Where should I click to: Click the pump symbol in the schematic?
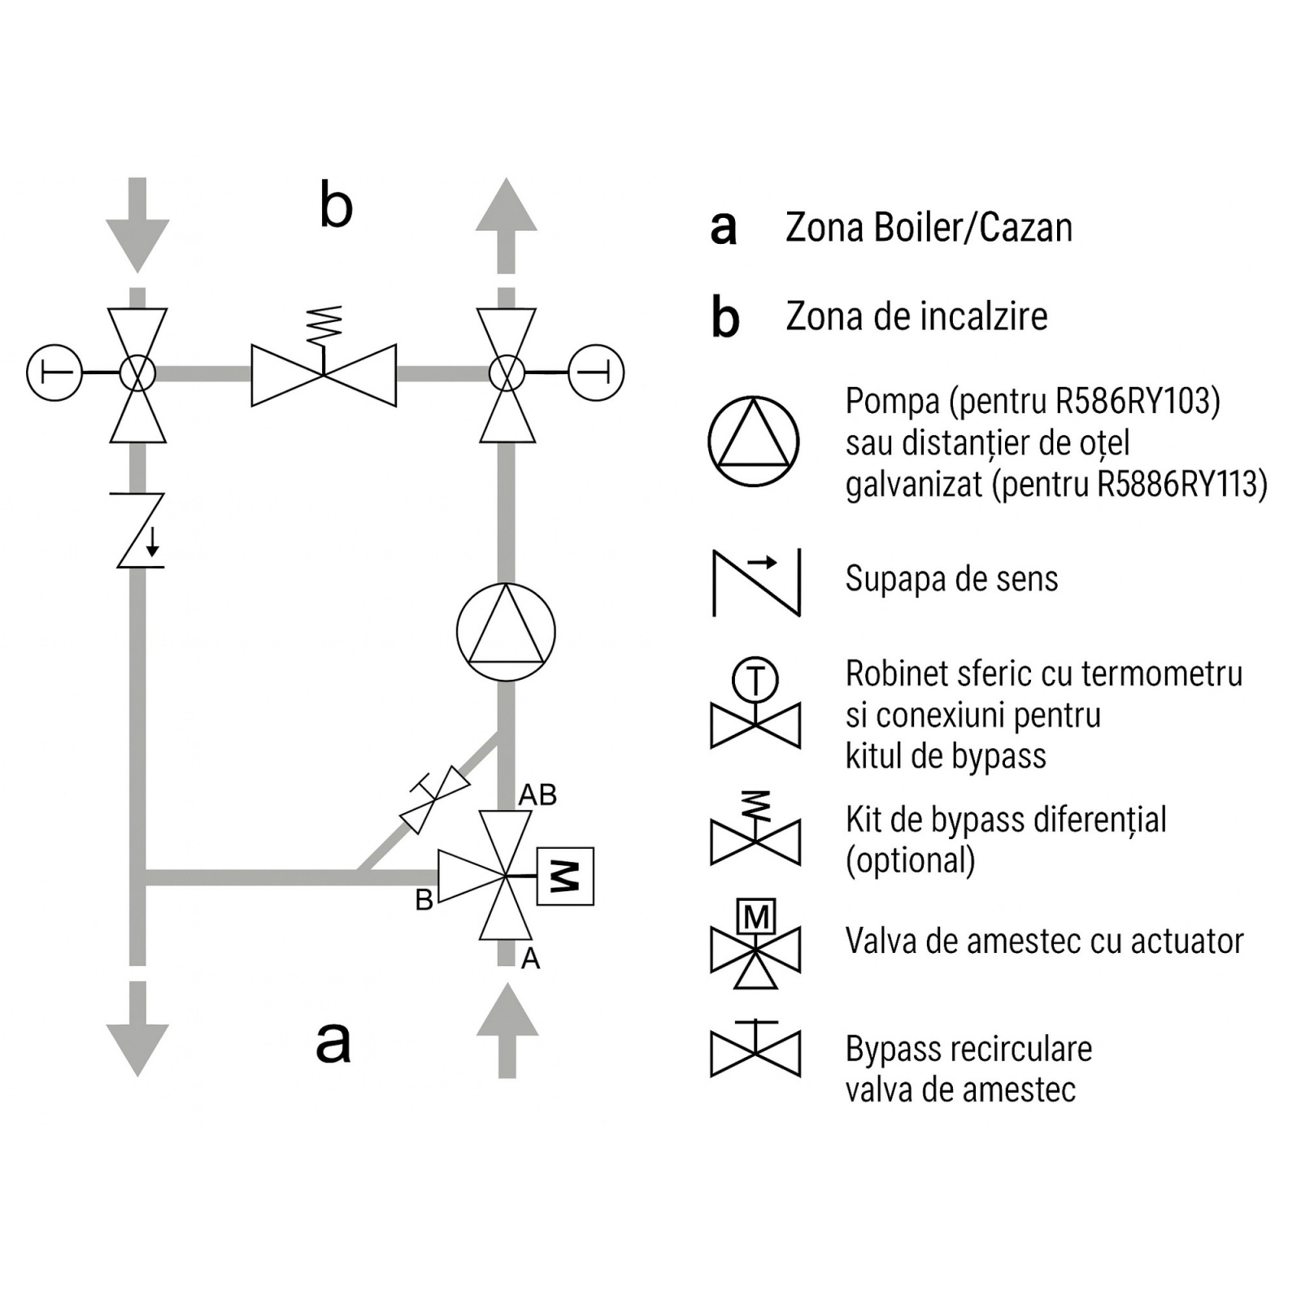(x=506, y=632)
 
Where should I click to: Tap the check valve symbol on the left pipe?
(x=139, y=529)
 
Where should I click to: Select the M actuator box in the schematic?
(x=565, y=877)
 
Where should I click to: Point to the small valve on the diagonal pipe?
(x=435, y=799)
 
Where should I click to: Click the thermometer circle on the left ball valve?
(x=54, y=373)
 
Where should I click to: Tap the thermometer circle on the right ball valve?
(x=596, y=373)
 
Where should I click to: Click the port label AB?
(x=537, y=794)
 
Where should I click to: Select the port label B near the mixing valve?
(x=424, y=900)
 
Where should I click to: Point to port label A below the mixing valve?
(x=530, y=959)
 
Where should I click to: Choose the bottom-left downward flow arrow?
(x=137, y=1029)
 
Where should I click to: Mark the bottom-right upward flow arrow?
(x=507, y=1030)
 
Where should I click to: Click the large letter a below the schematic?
(x=333, y=1042)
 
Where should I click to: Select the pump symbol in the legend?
(x=754, y=442)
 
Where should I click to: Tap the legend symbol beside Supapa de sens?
(x=756, y=582)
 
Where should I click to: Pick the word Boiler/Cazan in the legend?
(x=972, y=228)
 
